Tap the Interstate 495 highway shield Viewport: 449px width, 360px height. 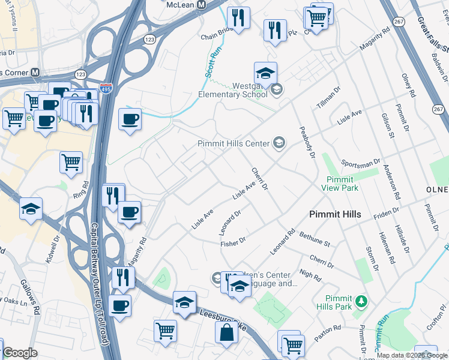click(106, 87)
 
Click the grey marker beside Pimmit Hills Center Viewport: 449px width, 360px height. click(279, 143)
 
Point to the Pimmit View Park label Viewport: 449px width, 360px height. click(342, 184)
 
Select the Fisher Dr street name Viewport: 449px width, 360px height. click(233, 243)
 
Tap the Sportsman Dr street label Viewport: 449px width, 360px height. click(360, 163)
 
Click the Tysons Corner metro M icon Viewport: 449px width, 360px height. click(35, 73)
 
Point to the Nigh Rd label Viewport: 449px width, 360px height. click(310, 276)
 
